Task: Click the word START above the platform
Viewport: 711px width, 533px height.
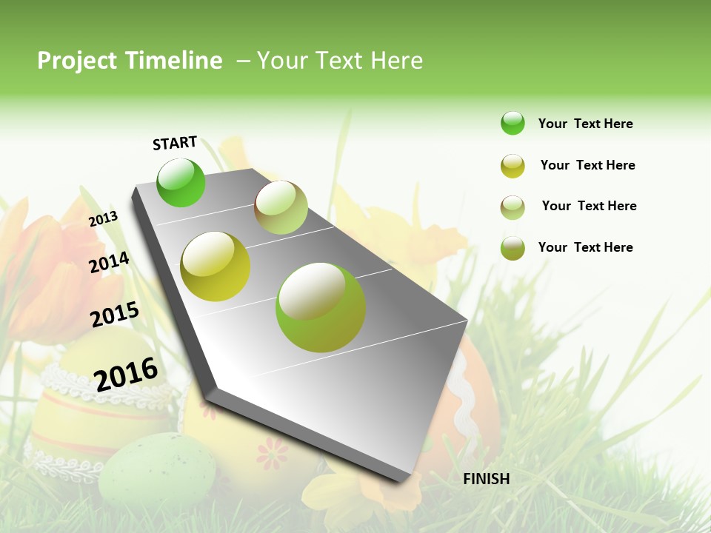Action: [175, 143]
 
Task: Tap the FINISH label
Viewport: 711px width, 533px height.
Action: [486, 479]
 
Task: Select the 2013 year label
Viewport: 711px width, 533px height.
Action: [103, 218]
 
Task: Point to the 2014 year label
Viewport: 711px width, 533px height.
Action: [109, 262]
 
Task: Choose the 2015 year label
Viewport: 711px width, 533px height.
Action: [115, 314]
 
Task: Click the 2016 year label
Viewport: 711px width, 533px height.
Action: [126, 374]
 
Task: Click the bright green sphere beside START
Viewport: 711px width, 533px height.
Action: [181, 182]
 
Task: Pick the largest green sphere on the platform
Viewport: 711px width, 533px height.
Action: [320, 307]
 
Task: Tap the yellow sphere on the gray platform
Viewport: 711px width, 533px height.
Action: [215, 266]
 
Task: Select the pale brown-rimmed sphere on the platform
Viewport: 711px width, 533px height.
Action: [281, 207]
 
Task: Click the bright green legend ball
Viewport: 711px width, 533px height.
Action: [513, 123]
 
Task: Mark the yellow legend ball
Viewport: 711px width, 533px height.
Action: [513, 165]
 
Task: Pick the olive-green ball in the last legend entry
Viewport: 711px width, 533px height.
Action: [513, 247]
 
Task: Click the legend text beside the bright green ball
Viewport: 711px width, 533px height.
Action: [585, 124]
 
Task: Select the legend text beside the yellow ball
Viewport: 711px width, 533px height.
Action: [587, 165]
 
